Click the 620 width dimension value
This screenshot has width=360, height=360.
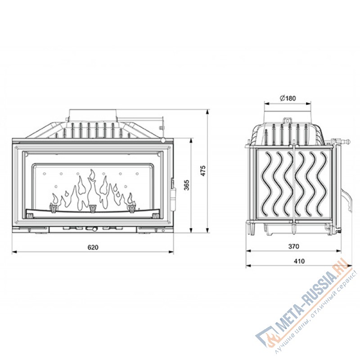pos(93,247)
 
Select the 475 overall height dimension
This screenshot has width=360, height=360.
pos(203,171)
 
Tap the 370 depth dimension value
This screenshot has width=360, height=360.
pos(293,246)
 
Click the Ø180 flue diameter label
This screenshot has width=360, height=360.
pos(287,99)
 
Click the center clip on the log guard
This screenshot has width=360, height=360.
pos(93,208)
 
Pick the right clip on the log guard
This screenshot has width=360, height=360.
pos(132,208)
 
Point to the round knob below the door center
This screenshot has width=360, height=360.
pos(93,230)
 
